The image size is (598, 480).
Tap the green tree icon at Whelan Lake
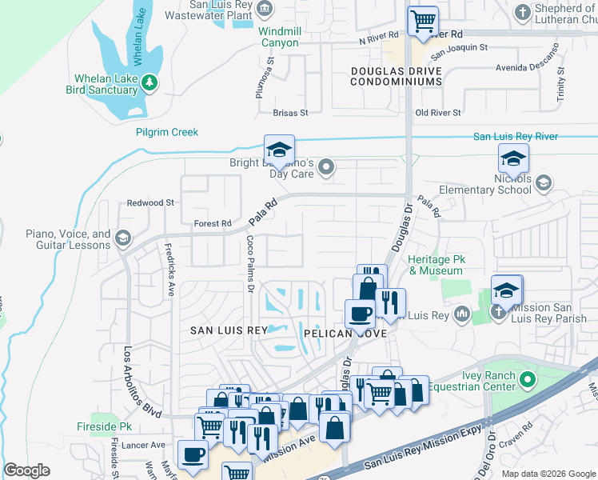pyautogui.click(x=149, y=82)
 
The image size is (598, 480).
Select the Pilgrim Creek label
pyautogui.click(x=166, y=132)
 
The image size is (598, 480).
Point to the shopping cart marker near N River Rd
pyautogui.click(x=423, y=21)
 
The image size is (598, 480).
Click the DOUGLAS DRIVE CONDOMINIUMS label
pyautogui.click(x=397, y=76)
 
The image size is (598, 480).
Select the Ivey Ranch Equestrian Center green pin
pyautogui.click(x=525, y=378)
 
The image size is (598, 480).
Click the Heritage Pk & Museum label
pyautogui.click(x=435, y=266)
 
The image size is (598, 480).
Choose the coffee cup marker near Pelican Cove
pyautogui.click(x=360, y=314)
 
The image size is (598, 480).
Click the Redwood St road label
pyautogui.click(x=150, y=203)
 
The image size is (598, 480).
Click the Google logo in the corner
pyautogui.click(x=26, y=470)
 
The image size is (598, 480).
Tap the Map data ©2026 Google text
pyautogui.click(x=548, y=474)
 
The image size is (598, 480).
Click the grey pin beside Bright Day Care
pyautogui.click(x=325, y=167)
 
